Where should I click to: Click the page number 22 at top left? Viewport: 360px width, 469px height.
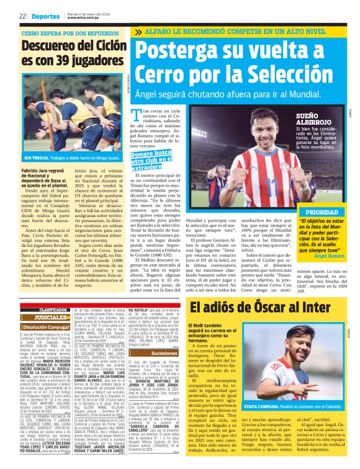(x=22, y=16)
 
